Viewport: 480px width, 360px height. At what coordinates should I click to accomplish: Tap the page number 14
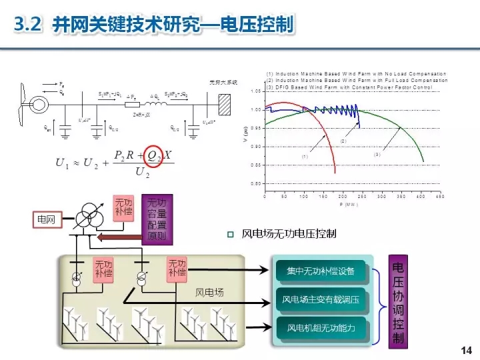[x=466, y=350]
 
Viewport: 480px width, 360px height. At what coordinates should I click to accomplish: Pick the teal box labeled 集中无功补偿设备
[x=321, y=271]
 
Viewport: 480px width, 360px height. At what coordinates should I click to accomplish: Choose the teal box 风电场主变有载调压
[x=321, y=299]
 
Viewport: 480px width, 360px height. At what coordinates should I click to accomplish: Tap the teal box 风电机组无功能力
[x=321, y=327]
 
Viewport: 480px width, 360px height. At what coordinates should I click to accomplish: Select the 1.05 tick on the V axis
[x=256, y=91]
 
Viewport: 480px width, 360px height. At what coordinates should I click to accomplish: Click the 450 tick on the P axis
[x=440, y=197]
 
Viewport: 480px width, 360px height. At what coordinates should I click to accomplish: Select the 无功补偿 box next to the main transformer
[x=123, y=207]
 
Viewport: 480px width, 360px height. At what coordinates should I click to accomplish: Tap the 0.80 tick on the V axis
[x=256, y=183]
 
